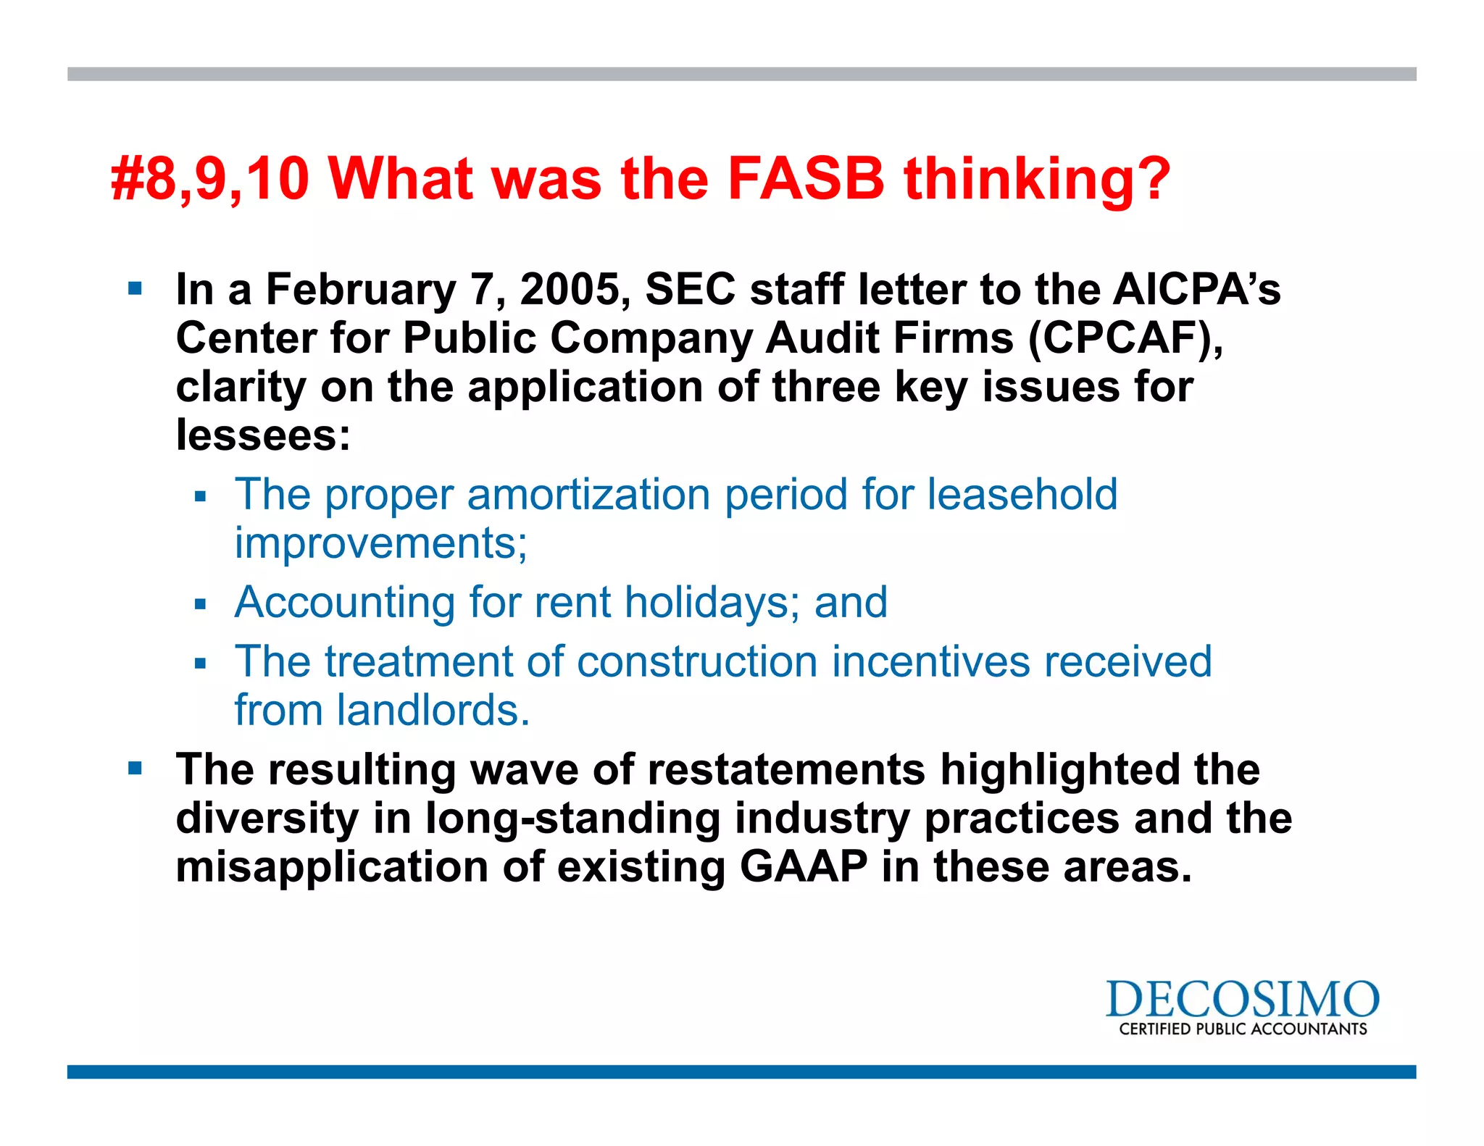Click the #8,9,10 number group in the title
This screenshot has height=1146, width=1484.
210,180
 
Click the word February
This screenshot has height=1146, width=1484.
361,290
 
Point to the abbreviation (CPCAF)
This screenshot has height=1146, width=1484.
1125,338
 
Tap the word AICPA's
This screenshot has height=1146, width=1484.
1196,289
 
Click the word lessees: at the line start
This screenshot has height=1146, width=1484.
263,435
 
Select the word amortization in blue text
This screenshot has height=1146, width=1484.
588,495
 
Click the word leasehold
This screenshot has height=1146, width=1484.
1022,495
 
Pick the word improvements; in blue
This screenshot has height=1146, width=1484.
381,544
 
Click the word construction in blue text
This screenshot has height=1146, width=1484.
697,661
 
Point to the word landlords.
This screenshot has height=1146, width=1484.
433,710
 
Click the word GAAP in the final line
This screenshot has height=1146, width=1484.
804,866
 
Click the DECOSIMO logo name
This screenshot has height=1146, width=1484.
1242,1000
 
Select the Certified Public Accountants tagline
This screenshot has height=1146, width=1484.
1243,1029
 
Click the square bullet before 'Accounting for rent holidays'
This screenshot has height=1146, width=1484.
201,603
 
